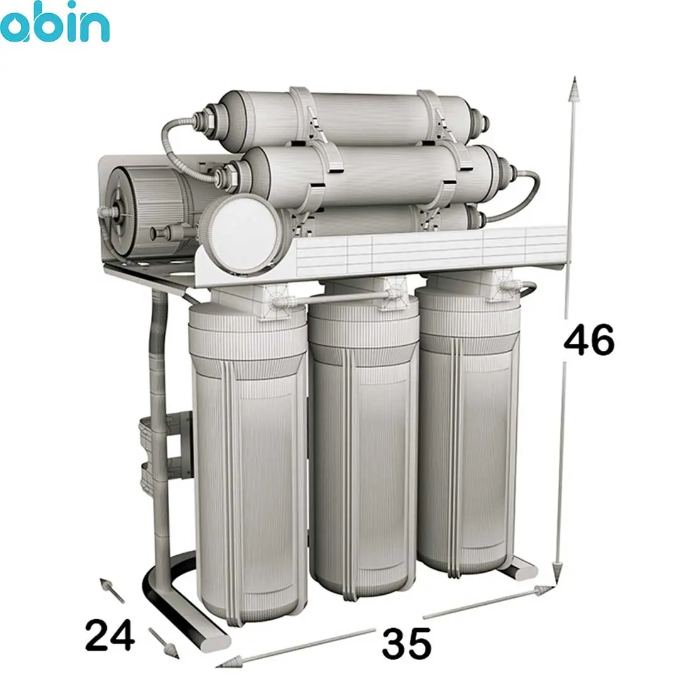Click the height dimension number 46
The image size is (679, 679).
pyautogui.click(x=589, y=340)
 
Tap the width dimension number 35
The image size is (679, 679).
pyautogui.click(x=407, y=643)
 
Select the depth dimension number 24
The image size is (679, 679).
pyautogui.click(x=109, y=635)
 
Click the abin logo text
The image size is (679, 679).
pyautogui.click(x=53, y=23)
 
